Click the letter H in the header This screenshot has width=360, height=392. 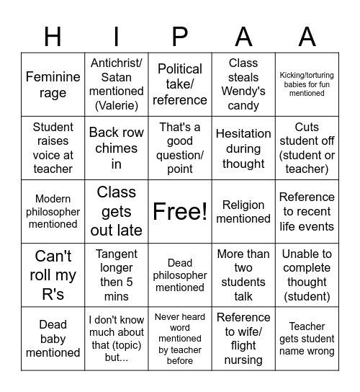coord(53,36)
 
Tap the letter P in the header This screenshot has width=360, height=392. coord(180,36)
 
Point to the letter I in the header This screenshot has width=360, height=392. coord(117,36)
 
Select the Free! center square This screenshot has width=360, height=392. coord(180,211)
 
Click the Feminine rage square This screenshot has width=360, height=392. coord(53,84)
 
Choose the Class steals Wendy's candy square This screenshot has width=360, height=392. coord(243,84)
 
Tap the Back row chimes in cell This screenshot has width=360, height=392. coord(117,148)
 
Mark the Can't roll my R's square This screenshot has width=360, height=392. coord(53,275)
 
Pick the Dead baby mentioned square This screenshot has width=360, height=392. coord(53,338)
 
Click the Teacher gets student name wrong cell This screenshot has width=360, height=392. coord(307,338)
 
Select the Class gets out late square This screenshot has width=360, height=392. coord(117,211)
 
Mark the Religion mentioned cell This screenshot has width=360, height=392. coord(243,211)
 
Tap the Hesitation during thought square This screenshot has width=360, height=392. coord(243,148)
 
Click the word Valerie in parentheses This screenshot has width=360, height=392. coord(117,105)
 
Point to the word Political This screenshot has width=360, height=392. coord(180,69)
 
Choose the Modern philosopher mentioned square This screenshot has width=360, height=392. coord(53,211)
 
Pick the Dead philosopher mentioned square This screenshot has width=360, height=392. coord(180,275)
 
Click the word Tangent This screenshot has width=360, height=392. coord(117,253)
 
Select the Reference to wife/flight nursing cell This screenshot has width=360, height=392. coord(243,338)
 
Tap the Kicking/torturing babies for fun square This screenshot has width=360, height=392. coord(307,84)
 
